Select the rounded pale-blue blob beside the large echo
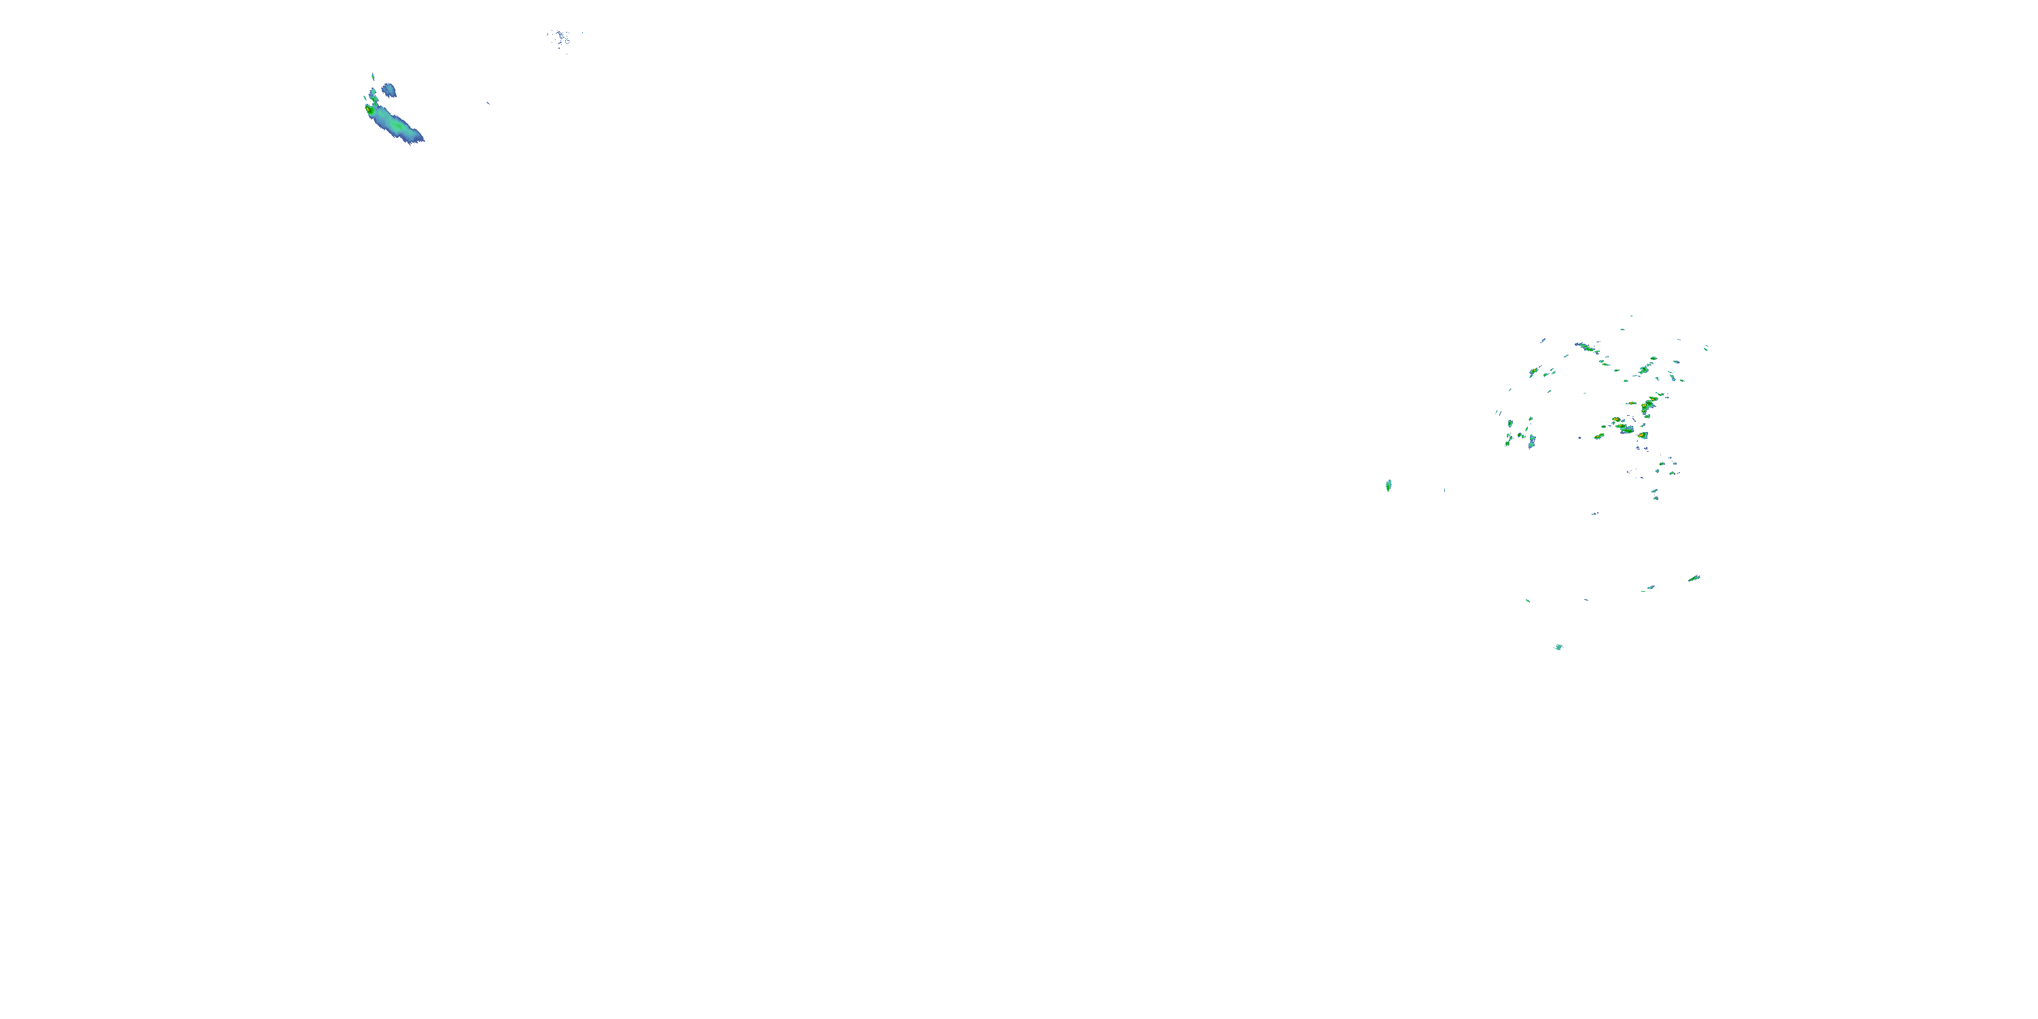[389, 90]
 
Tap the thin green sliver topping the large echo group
[373, 77]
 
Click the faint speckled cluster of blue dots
[561, 37]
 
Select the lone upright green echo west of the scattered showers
[1389, 485]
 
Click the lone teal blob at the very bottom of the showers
[1558, 647]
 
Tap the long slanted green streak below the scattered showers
[1694, 578]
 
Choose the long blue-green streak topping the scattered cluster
[1585, 346]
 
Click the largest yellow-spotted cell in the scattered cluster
[1648, 407]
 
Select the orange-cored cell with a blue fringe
[1643, 435]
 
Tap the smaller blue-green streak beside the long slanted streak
[1650, 588]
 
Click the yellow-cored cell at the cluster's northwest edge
[1533, 371]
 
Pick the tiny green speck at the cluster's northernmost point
[1630, 316]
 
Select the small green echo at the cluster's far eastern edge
[1706, 347]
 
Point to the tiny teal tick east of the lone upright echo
[1445, 490]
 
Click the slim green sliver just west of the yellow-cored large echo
[365, 100]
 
